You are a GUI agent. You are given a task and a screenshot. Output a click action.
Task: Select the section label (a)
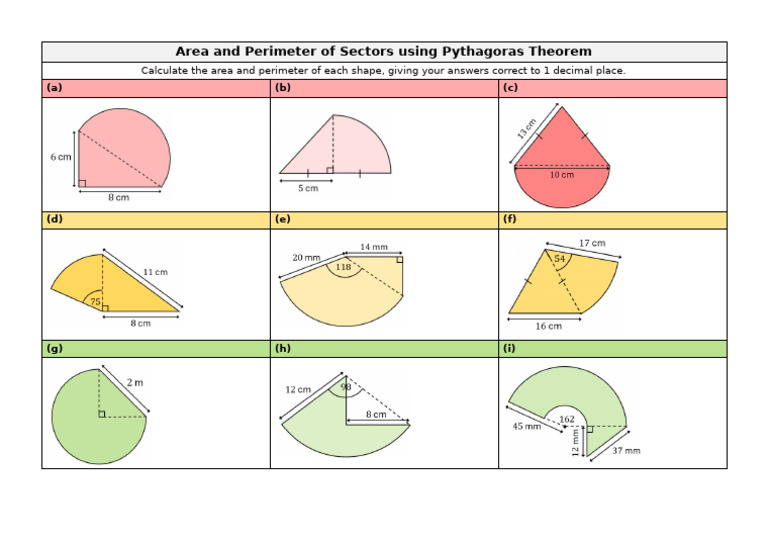click(x=54, y=88)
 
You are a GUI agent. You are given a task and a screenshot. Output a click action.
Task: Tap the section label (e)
click(x=282, y=218)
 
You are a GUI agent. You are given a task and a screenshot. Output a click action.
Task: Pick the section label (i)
click(x=510, y=348)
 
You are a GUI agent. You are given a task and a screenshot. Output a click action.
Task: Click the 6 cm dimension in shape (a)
click(x=61, y=158)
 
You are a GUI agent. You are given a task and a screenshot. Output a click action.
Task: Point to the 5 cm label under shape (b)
click(x=307, y=188)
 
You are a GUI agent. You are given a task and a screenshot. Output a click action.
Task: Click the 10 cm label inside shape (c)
click(x=562, y=175)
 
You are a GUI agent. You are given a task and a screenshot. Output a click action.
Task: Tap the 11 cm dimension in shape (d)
click(x=155, y=271)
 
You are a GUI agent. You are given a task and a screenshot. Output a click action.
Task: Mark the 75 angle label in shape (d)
click(x=95, y=301)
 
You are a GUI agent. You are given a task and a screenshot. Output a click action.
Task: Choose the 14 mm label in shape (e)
click(x=373, y=246)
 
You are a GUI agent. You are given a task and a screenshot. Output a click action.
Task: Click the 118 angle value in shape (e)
click(x=343, y=267)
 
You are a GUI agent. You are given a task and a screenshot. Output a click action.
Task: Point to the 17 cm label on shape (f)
click(x=592, y=243)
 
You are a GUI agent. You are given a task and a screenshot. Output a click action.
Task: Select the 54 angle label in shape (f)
click(x=560, y=259)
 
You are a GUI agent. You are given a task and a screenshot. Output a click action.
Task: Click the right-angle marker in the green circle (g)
click(x=102, y=413)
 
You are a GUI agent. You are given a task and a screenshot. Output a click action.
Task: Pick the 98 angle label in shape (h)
click(x=346, y=387)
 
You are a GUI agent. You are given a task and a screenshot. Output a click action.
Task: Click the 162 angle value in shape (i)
click(x=567, y=419)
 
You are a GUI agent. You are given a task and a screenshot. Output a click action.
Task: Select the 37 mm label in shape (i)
click(x=627, y=451)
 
